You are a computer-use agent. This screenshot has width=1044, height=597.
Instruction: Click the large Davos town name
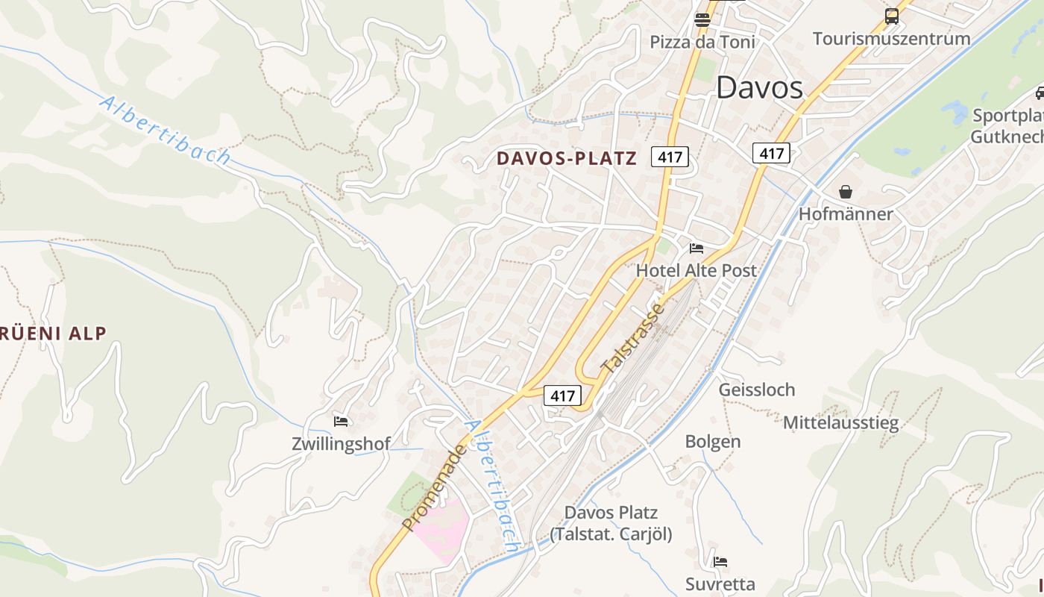coord(759,88)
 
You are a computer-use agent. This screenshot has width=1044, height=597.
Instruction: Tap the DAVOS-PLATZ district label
coord(567,158)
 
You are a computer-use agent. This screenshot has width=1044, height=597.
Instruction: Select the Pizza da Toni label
coord(702,42)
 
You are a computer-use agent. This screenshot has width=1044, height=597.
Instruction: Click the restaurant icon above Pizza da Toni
coord(702,20)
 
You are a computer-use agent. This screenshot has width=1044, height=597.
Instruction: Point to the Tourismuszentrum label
coord(891,38)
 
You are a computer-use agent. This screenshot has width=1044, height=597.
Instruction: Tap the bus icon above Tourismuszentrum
coord(891,16)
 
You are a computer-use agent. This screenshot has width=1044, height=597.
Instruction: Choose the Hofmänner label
coord(845,214)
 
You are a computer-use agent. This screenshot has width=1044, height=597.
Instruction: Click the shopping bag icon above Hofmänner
coord(845,192)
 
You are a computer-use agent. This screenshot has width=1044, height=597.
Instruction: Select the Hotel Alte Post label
coord(696,270)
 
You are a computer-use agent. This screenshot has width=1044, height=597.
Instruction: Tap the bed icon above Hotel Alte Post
coord(696,248)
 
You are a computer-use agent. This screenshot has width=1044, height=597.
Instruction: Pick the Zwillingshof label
coord(341,444)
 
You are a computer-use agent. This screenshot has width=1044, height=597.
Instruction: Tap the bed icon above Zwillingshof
coord(341,422)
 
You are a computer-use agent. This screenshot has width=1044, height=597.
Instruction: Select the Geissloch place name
coord(756,390)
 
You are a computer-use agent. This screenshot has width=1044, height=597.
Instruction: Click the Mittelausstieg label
coord(840,423)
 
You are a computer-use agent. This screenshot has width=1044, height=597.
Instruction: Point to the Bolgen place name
coord(713,441)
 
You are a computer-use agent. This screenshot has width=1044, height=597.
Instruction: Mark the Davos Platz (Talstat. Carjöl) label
coord(611,523)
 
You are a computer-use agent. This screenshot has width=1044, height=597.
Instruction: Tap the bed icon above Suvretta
coord(720,561)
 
